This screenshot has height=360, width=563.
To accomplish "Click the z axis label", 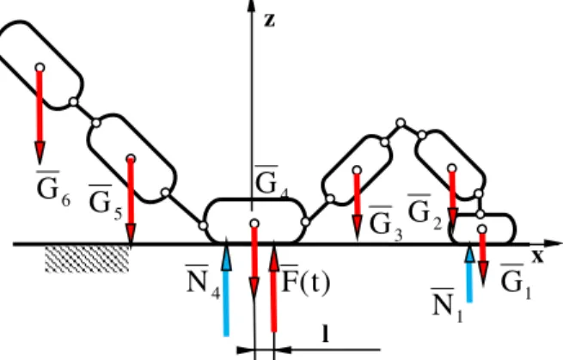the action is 269,21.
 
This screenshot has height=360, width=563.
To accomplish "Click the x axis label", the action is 537,256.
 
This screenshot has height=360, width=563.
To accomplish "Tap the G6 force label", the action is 53,189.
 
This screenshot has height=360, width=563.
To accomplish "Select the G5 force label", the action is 106,203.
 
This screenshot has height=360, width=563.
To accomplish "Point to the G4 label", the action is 272,180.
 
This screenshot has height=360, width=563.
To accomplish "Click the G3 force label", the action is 386,223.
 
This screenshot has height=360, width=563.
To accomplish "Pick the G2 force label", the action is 425,212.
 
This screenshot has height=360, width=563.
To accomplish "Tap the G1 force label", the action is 516,282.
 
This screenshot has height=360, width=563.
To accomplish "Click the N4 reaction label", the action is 203,282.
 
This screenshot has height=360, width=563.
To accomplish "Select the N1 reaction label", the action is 447,305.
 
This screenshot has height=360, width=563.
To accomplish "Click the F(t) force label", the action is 305,282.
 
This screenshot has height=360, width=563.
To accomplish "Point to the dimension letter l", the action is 325,333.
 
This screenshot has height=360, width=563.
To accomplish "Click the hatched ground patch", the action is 87,259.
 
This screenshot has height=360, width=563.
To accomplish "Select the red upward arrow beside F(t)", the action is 274,287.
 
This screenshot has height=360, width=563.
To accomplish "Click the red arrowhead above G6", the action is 40,152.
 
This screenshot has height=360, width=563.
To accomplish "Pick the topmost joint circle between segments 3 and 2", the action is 401,123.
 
